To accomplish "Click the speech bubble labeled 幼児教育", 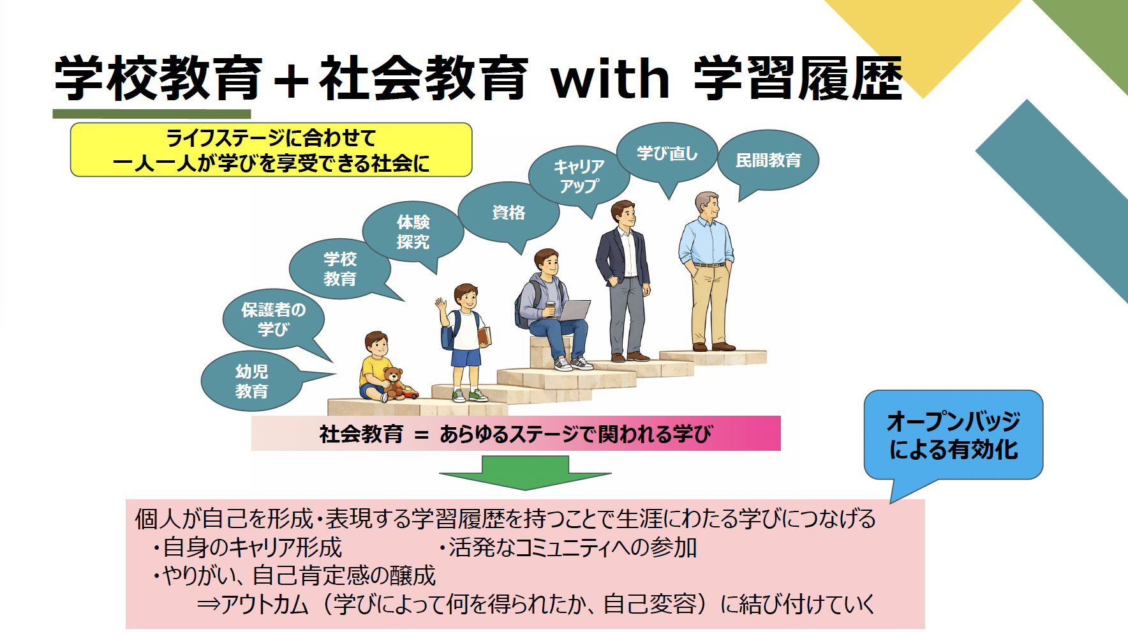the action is (251, 381).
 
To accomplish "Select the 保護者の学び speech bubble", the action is (273, 319).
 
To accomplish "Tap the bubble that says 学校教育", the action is (339, 269).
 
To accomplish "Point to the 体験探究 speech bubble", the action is (413, 232).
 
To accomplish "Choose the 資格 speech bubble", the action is (508, 213).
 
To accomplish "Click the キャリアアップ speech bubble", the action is (579, 176).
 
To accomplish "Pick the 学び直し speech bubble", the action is (667, 153).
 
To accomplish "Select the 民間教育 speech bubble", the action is (768, 160).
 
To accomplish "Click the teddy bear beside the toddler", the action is (393, 382).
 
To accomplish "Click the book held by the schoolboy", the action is (484, 336).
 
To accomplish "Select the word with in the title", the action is (611, 79).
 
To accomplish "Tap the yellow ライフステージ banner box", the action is (271, 150).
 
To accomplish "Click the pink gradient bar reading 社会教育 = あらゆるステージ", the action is (516, 434).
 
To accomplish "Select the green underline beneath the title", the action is (152, 114).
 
